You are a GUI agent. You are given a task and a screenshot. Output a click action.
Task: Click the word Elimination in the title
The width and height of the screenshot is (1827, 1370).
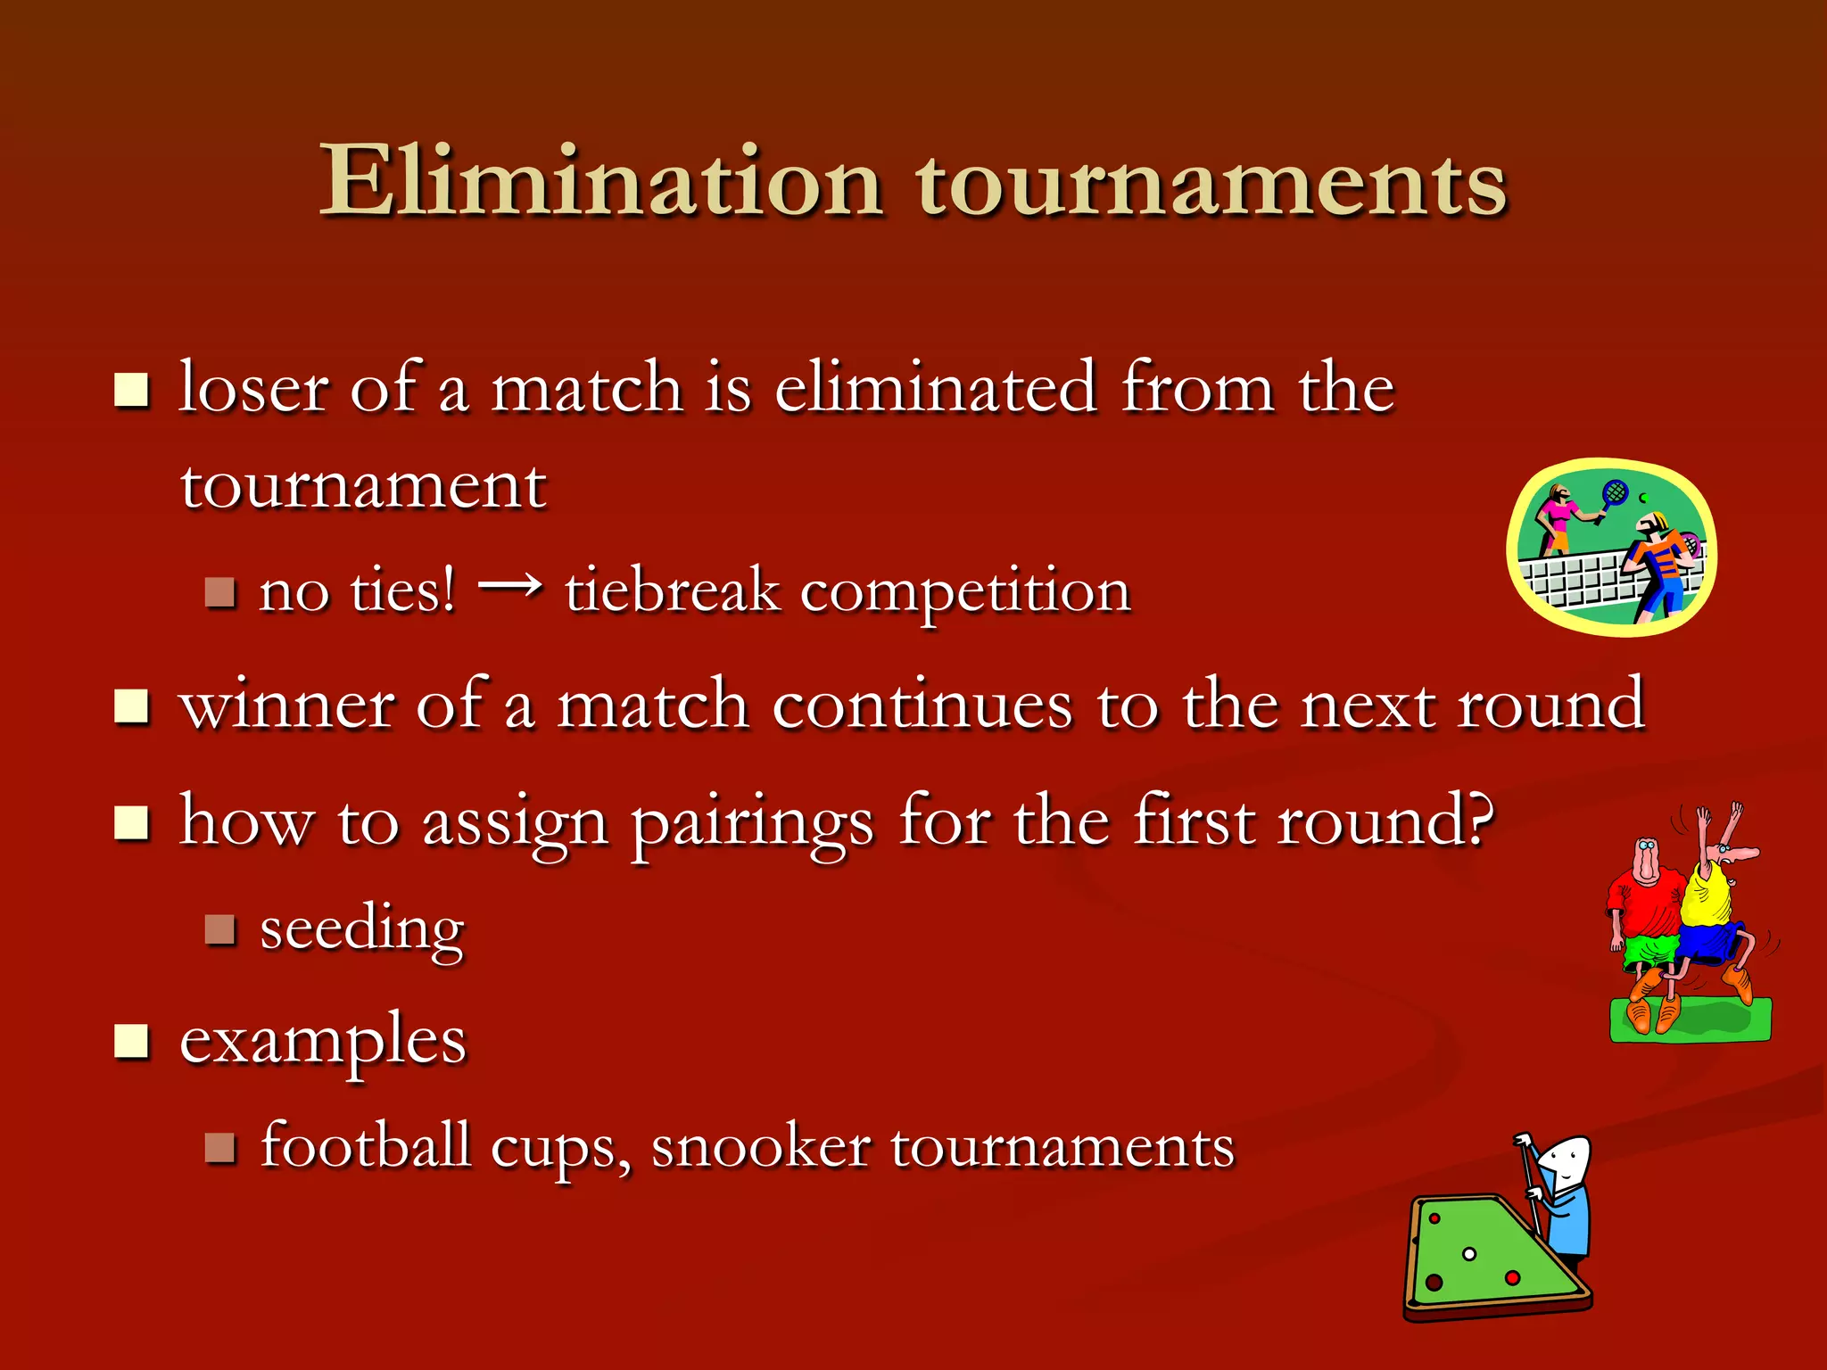coord(600,183)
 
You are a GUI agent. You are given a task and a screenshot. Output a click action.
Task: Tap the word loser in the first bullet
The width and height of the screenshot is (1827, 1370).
coord(254,389)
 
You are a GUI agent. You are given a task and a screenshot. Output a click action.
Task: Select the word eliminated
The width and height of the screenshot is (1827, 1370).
coord(935,389)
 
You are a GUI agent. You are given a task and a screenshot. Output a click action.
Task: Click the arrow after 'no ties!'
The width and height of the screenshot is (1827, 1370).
coord(509,586)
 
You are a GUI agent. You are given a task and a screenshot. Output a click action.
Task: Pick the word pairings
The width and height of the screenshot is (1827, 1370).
coord(752,822)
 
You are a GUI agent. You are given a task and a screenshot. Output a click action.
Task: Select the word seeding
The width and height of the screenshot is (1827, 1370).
coord(361,929)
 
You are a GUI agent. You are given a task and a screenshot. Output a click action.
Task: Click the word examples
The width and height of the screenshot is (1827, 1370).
coord(322,1041)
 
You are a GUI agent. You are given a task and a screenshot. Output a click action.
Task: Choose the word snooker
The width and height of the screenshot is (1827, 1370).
coord(760,1147)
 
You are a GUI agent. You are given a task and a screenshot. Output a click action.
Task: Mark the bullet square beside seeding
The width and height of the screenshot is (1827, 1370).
coord(219,929)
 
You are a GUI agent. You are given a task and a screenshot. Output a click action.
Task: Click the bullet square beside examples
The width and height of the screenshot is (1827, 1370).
coord(131,1040)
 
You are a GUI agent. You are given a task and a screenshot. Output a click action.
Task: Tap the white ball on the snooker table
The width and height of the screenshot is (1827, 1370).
coord(1469,1254)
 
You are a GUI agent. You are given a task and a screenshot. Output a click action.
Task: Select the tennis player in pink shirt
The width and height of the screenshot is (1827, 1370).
coord(1558,516)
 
